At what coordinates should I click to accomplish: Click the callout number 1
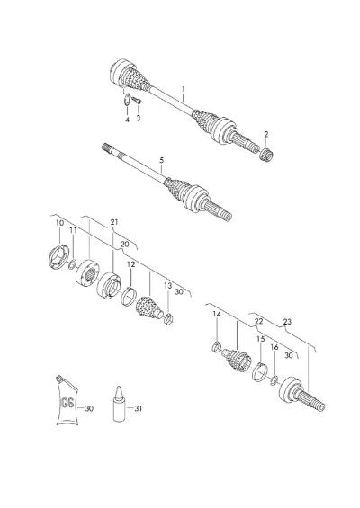click(x=184, y=89)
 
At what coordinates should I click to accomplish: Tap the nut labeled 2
click(x=266, y=155)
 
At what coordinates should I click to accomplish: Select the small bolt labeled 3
click(x=137, y=100)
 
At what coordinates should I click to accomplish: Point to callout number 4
click(x=128, y=120)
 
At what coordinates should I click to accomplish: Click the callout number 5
click(x=161, y=160)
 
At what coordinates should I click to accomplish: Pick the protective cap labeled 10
click(x=58, y=257)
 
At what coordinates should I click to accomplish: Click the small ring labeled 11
click(x=73, y=264)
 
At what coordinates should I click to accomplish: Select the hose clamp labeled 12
click(x=129, y=296)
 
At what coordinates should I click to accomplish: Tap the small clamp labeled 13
click(x=168, y=319)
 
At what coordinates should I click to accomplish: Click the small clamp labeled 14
click(x=216, y=347)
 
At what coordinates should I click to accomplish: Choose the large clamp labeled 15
click(x=260, y=372)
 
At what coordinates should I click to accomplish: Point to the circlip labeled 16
click(x=274, y=380)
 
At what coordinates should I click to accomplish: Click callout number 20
click(x=125, y=245)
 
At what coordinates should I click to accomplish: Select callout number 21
click(x=114, y=222)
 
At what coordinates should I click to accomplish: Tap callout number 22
click(x=258, y=321)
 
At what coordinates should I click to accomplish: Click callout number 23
click(x=287, y=322)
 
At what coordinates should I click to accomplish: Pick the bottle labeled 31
click(x=120, y=404)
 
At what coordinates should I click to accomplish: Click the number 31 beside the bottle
click(x=139, y=408)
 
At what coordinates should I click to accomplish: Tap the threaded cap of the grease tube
click(x=59, y=379)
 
